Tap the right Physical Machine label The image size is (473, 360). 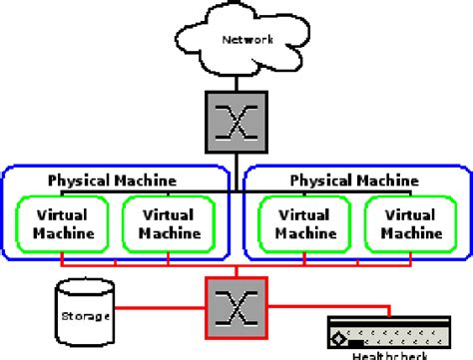coord(353,180)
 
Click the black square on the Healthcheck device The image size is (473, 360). coord(344,338)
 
